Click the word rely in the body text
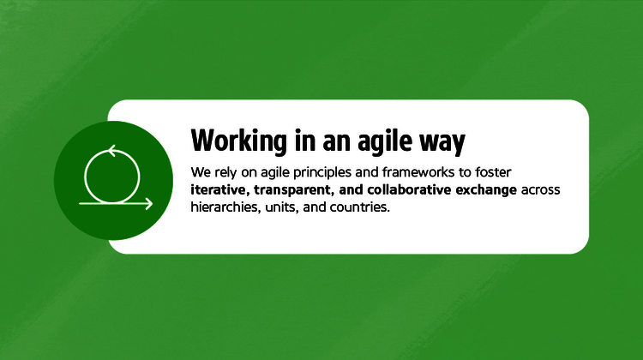[224, 171]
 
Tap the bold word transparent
[294, 189]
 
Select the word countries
[361, 207]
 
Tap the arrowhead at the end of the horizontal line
[149, 204]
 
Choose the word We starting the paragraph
[199, 171]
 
